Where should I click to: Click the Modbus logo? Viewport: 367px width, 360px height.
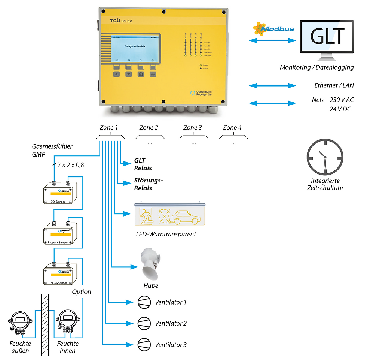coord(273,29)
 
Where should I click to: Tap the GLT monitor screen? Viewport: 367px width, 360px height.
coord(327,36)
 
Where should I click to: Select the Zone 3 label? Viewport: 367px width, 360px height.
coord(192,128)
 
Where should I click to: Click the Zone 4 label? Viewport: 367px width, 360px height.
coord(232,128)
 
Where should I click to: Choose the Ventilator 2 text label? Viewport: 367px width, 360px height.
coord(171,324)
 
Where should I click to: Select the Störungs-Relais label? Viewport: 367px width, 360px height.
coord(149,184)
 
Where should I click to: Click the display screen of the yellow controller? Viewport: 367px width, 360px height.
coord(135,50)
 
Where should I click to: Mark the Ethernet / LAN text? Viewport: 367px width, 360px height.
coord(334,85)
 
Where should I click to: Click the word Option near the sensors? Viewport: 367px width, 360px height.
coord(81,292)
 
